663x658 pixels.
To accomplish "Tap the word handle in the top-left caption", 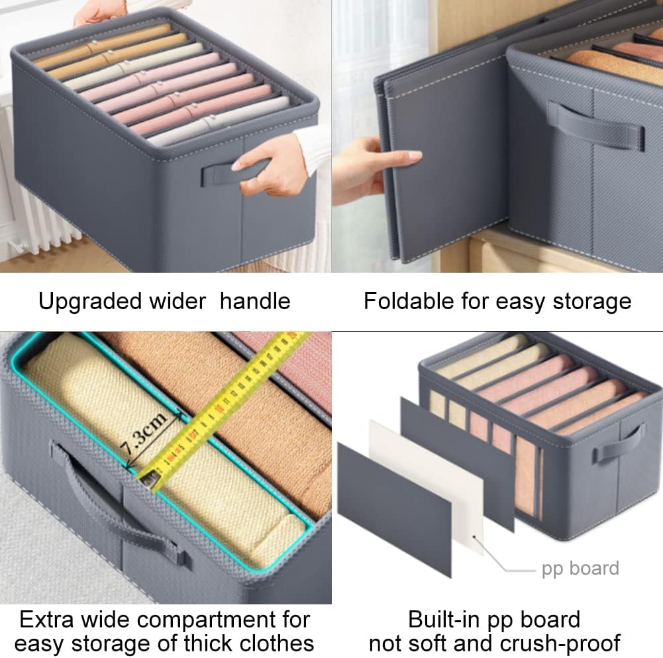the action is pos(255,301).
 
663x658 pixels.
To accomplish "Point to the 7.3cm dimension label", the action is pos(143,434).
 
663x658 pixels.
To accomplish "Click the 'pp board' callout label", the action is pos(580,569).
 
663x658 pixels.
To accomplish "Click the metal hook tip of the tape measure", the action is pos(150,479).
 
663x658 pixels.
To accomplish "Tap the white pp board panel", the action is pos(427,487).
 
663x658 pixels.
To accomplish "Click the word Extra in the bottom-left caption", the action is pos(46,620).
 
